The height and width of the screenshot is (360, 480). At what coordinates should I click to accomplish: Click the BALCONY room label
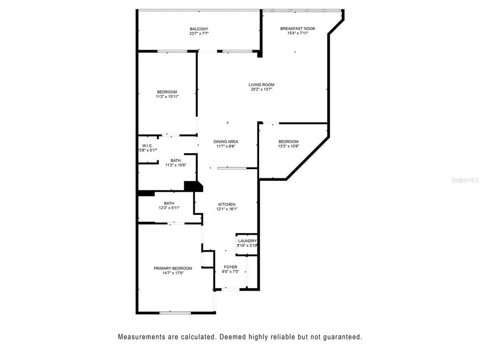pos(199,29)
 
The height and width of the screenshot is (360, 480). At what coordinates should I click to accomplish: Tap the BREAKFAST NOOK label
pos(298,29)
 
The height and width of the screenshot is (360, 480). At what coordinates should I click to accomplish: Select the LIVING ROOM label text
pos(262,85)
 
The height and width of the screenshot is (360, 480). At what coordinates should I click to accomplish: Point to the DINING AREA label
pos(225,142)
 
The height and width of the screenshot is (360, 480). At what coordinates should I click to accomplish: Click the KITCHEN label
pos(227,204)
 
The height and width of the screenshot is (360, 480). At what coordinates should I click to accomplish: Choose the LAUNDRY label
pos(247,241)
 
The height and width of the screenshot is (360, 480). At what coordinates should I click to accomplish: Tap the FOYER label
pos(231,267)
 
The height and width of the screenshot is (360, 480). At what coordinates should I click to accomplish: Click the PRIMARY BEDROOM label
pos(173,269)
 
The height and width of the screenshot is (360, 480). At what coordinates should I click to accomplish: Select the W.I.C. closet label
pos(148,146)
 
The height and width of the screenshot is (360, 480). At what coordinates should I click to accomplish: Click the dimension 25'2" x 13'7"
pos(262,90)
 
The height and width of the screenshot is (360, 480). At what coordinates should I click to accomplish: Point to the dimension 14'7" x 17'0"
pos(173,273)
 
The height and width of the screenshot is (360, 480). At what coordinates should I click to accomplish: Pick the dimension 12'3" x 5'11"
pos(169,208)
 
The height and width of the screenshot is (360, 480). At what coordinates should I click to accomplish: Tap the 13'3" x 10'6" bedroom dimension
pos(288,146)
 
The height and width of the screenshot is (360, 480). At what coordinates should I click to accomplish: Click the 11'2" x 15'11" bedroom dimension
pos(167,97)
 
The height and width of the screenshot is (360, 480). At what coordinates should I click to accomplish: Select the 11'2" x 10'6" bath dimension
pos(176,165)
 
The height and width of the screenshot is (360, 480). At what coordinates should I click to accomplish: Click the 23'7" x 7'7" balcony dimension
pos(199,34)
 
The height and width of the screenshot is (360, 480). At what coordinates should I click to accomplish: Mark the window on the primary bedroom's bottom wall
pos(175,313)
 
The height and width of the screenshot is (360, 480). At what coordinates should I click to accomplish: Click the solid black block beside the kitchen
pos(193,187)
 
